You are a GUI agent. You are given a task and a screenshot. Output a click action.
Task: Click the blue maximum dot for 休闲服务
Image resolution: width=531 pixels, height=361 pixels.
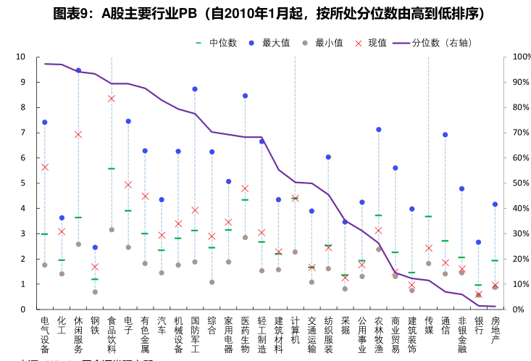click(x=78, y=70)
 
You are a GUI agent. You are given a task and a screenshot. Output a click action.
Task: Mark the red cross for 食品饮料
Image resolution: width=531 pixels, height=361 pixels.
click(x=112, y=99)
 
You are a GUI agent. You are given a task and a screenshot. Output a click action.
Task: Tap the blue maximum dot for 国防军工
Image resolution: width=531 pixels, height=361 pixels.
click(x=195, y=89)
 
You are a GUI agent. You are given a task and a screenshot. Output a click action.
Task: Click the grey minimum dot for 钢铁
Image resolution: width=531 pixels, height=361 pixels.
click(x=95, y=292)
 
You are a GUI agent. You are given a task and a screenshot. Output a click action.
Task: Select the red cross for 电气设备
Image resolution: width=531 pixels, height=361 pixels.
click(x=45, y=167)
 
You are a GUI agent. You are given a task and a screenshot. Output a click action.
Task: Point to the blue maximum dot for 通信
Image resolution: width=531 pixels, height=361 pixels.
click(x=446, y=135)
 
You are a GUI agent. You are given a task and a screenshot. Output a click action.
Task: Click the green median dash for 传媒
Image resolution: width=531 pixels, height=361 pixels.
click(x=429, y=217)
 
